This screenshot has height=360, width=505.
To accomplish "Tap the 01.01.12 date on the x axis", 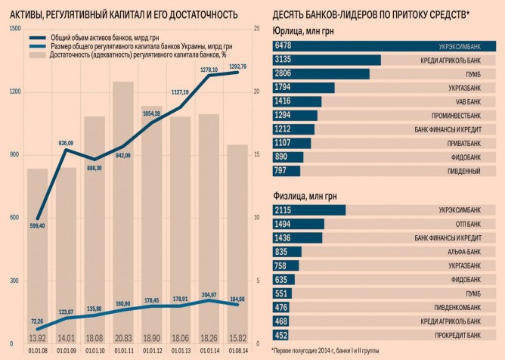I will (x=152, y=350).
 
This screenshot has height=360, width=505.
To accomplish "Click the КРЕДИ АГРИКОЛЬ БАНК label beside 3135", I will (x=451, y=60).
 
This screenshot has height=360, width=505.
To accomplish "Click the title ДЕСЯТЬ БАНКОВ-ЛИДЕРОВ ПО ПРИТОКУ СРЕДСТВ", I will (x=370, y=14).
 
